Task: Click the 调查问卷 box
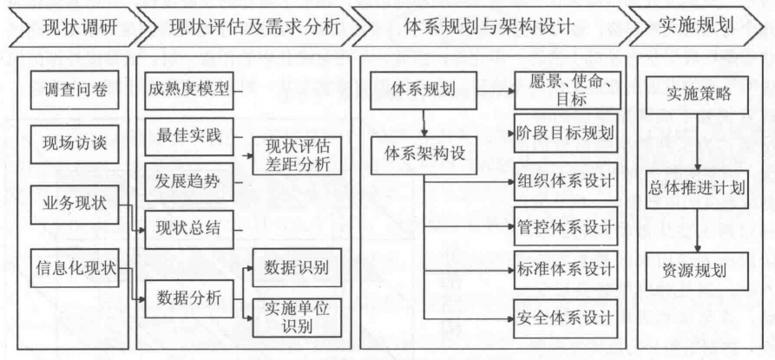pos(76,91)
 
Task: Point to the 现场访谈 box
pos(76,143)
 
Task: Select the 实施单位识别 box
pos(296,317)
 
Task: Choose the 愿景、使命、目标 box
pos(565,90)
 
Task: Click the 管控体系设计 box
pos(565,226)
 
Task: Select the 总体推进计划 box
pos(697,187)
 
